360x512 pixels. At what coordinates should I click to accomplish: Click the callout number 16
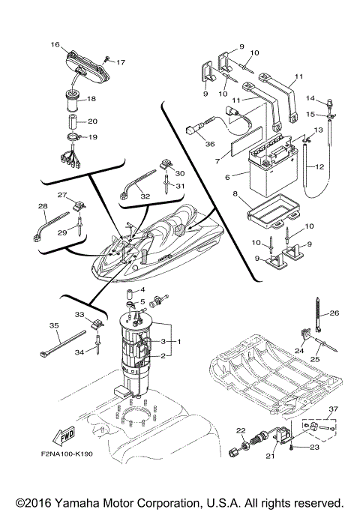coord(55,45)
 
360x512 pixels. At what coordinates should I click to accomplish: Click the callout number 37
coord(334,409)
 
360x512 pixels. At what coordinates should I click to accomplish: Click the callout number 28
coord(42,205)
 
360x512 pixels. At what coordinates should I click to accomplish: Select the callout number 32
coord(145,196)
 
